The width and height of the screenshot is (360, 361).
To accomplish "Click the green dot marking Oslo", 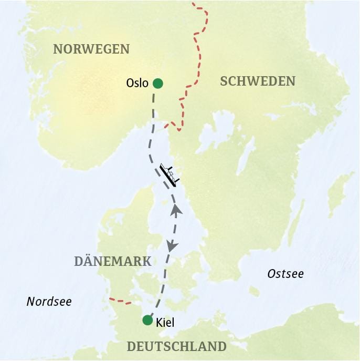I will pyautogui.click(x=157, y=83).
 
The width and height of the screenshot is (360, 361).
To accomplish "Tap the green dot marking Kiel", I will pyautogui.click(x=148, y=320).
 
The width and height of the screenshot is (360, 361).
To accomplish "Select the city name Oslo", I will pyautogui.click(x=137, y=83).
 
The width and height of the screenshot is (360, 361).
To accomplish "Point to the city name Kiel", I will pyautogui.click(x=165, y=322).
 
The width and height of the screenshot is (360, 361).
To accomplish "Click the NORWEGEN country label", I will pyautogui.click(x=91, y=49).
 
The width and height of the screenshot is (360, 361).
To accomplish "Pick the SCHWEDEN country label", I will pyautogui.click(x=258, y=81).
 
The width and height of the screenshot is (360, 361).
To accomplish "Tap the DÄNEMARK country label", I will pyautogui.click(x=113, y=261).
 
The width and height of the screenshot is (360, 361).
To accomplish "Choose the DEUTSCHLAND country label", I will pyautogui.click(x=176, y=347).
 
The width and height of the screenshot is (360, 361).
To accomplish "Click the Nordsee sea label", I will pyautogui.click(x=49, y=302).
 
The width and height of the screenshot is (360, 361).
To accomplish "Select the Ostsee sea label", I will pyautogui.click(x=285, y=274).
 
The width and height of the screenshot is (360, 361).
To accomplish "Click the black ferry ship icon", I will pyautogui.click(x=169, y=174).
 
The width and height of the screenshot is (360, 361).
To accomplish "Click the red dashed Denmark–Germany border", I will pyautogui.click(x=120, y=301).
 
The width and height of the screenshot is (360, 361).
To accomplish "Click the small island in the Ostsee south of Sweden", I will pyautogui.click(x=255, y=291).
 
